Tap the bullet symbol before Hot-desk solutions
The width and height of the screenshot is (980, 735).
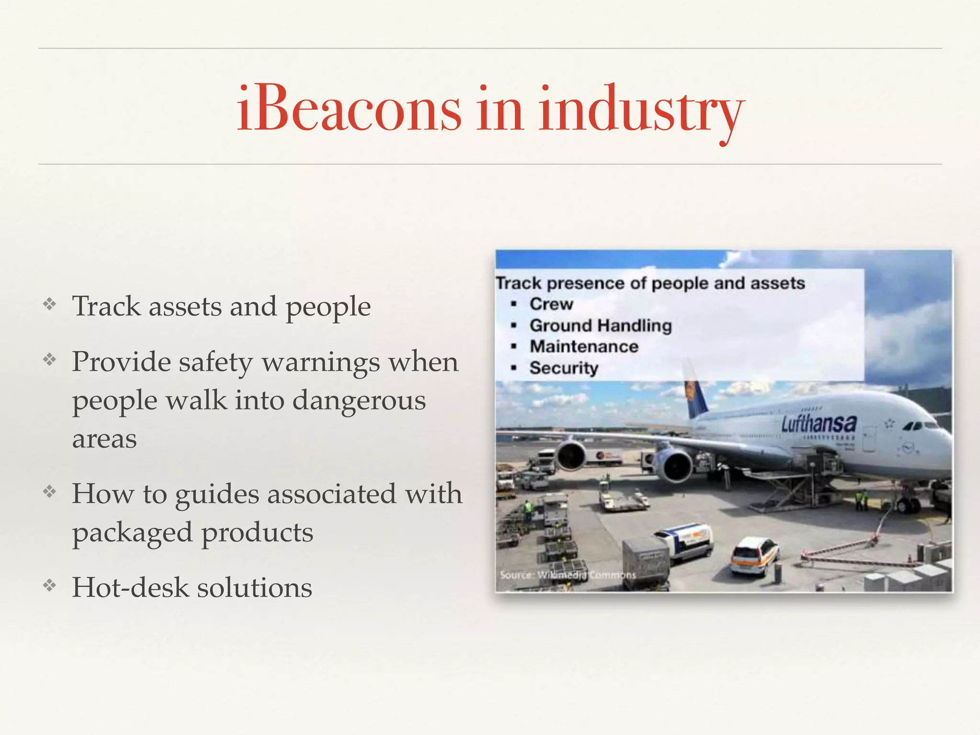[x=50, y=585]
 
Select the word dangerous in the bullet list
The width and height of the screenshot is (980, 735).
[x=359, y=401]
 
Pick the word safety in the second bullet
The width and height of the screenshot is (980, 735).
[x=215, y=362]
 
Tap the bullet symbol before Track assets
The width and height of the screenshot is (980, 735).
[x=50, y=304]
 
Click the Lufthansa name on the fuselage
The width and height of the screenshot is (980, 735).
[x=819, y=423]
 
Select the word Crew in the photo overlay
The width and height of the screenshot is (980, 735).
[x=551, y=304]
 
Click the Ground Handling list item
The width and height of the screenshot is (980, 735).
[x=601, y=325]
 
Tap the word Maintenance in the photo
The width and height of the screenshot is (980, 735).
[x=584, y=346]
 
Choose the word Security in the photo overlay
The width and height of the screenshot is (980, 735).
[x=564, y=367]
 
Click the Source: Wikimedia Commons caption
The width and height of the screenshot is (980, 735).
[x=568, y=575]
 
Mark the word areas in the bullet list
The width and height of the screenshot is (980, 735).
[x=104, y=439]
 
